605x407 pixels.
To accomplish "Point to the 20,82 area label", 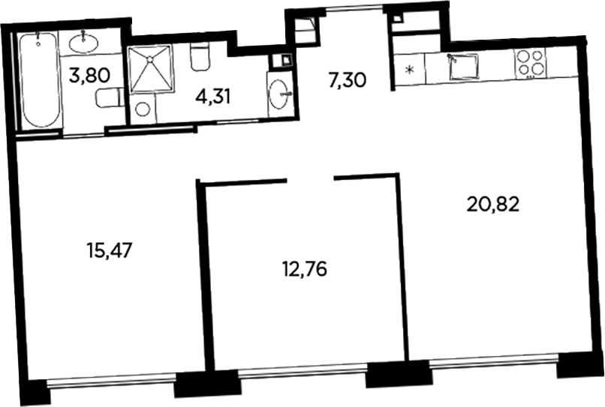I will (x=493, y=203).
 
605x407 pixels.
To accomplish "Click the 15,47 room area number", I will (x=110, y=250).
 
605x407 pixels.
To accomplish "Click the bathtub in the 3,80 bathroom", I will (x=39, y=81).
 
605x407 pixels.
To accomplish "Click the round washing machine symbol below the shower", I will (x=143, y=109).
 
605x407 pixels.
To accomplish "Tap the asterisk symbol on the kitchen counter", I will (x=408, y=72).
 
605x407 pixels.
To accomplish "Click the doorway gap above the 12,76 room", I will (x=311, y=178).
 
